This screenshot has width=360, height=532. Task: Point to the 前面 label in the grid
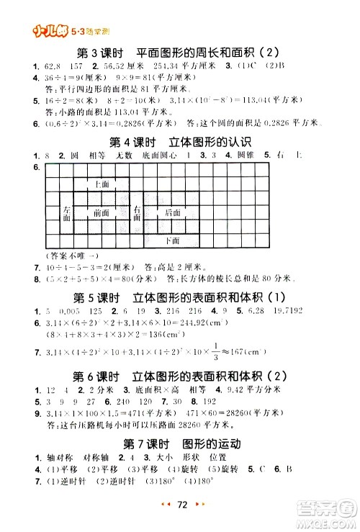(102, 212)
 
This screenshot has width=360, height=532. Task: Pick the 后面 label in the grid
(172, 212)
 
